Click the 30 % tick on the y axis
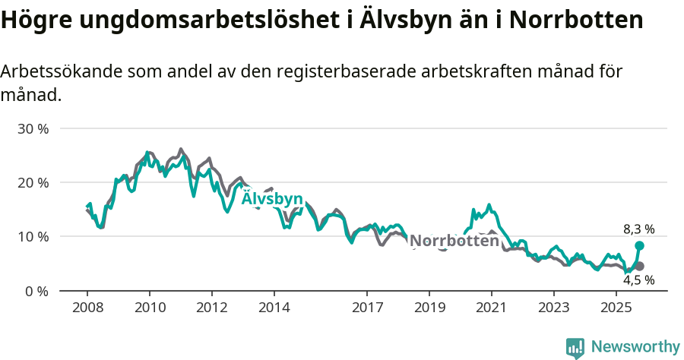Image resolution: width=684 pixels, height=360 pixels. (x=33, y=128)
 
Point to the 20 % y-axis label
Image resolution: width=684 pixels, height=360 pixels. (x=33, y=182)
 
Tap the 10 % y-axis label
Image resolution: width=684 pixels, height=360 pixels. (x=33, y=236)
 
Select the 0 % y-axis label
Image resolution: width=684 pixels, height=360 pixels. (x=36, y=291)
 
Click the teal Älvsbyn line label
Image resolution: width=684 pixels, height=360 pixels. (x=272, y=198)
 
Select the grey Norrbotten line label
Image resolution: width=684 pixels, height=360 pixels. (x=454, y=241)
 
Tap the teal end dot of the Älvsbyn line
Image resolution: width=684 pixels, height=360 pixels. (x=640, y=245)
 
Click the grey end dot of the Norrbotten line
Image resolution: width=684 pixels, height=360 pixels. (x=640, y=266)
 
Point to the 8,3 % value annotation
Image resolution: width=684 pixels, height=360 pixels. (x=638, y=229)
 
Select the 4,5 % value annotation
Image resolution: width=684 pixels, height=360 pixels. (x=638, y=279)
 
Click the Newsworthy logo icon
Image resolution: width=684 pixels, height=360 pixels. (x=575, y=348)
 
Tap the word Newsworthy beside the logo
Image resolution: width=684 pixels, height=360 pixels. (x=635, y=347)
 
